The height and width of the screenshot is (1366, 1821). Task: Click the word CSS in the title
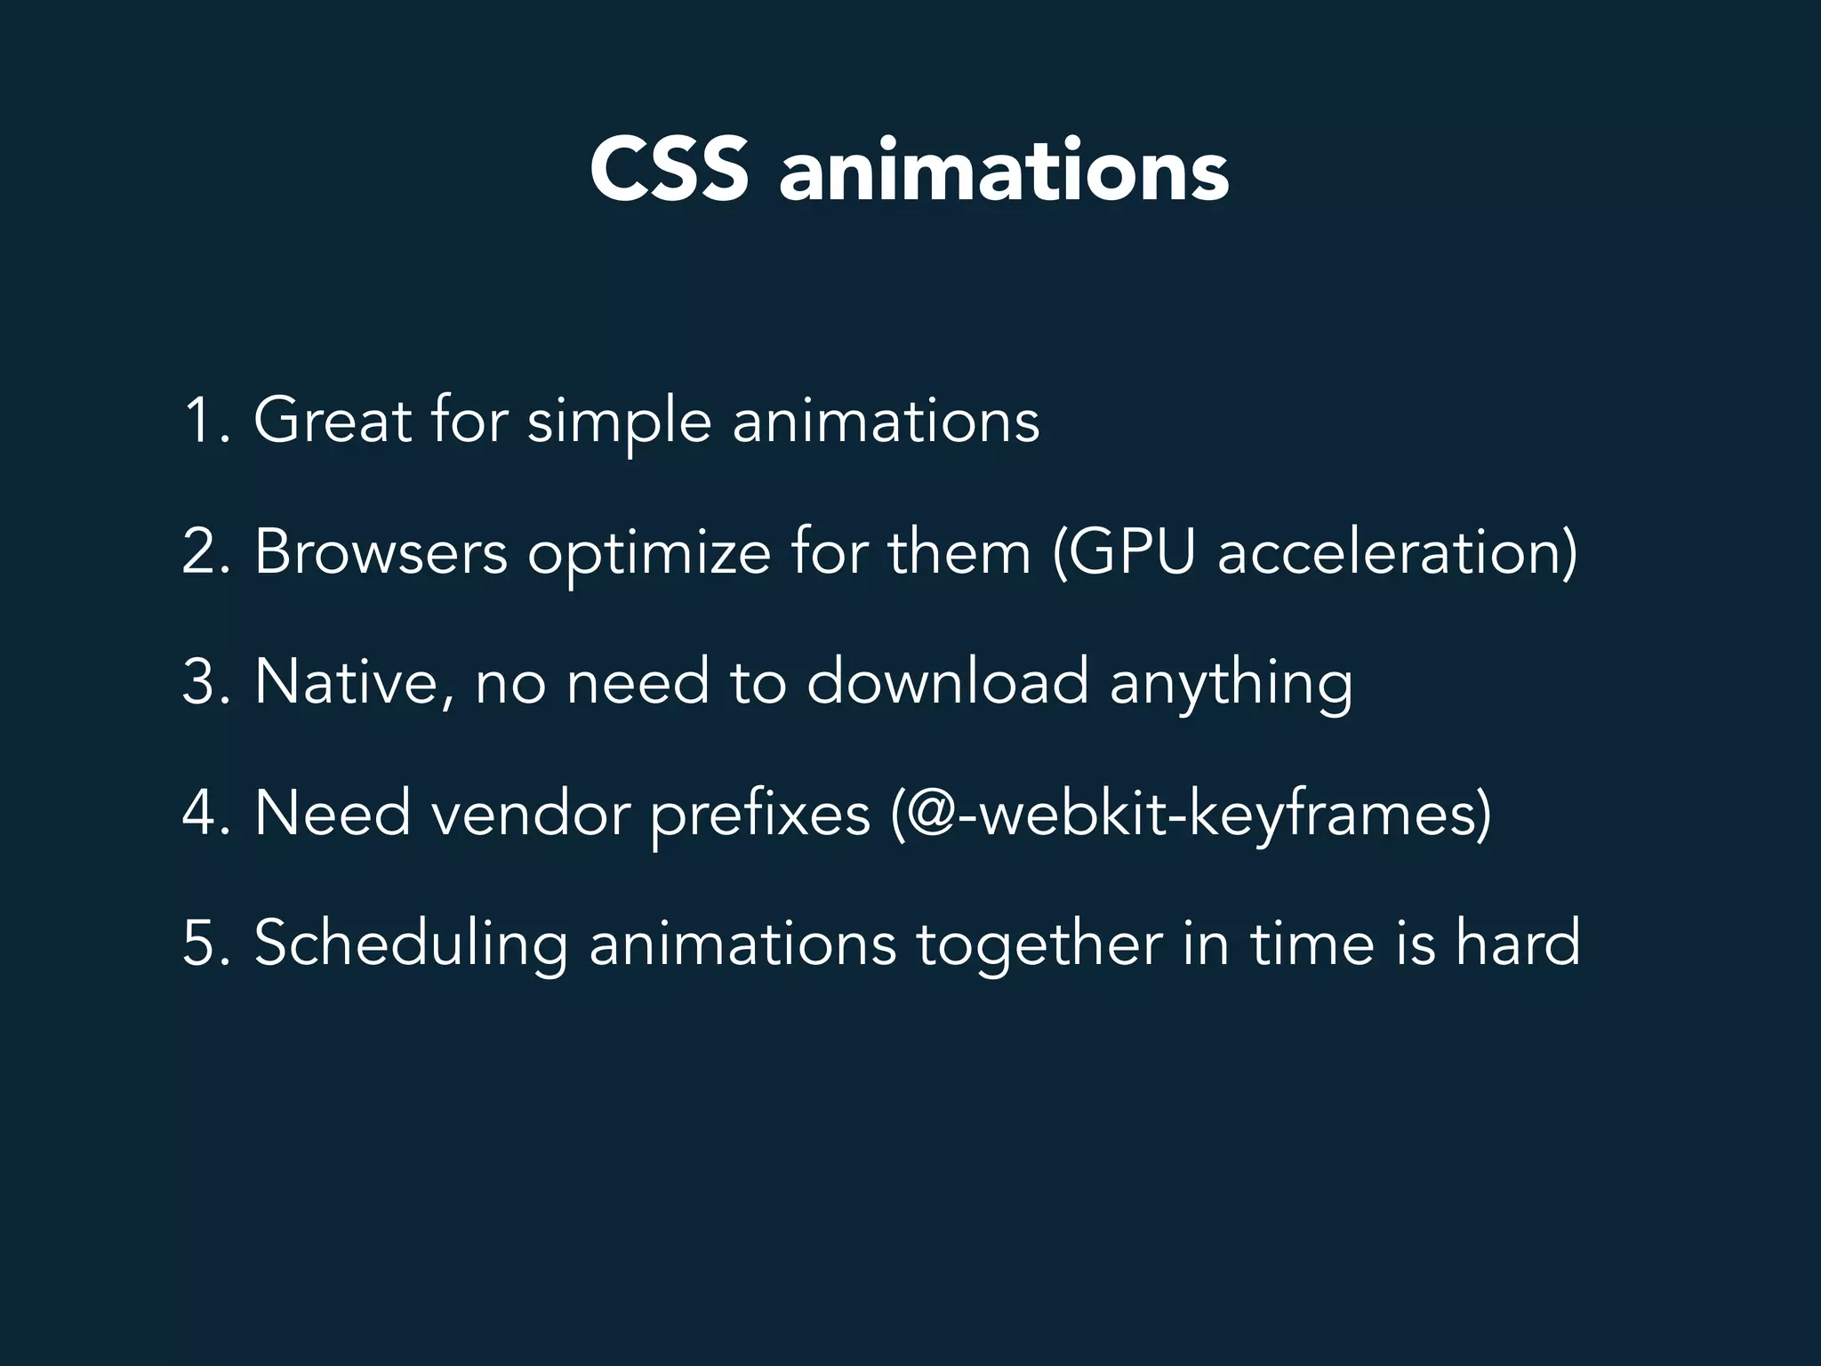click(x=669, y=171)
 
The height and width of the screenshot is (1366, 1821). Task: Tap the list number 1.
click(x=203, y=420)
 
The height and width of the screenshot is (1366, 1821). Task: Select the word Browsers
click(x=381, y=551)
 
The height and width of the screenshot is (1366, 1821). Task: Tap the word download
click(x=947, y=682)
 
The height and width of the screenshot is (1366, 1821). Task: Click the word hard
click(x=1518, y=943)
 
